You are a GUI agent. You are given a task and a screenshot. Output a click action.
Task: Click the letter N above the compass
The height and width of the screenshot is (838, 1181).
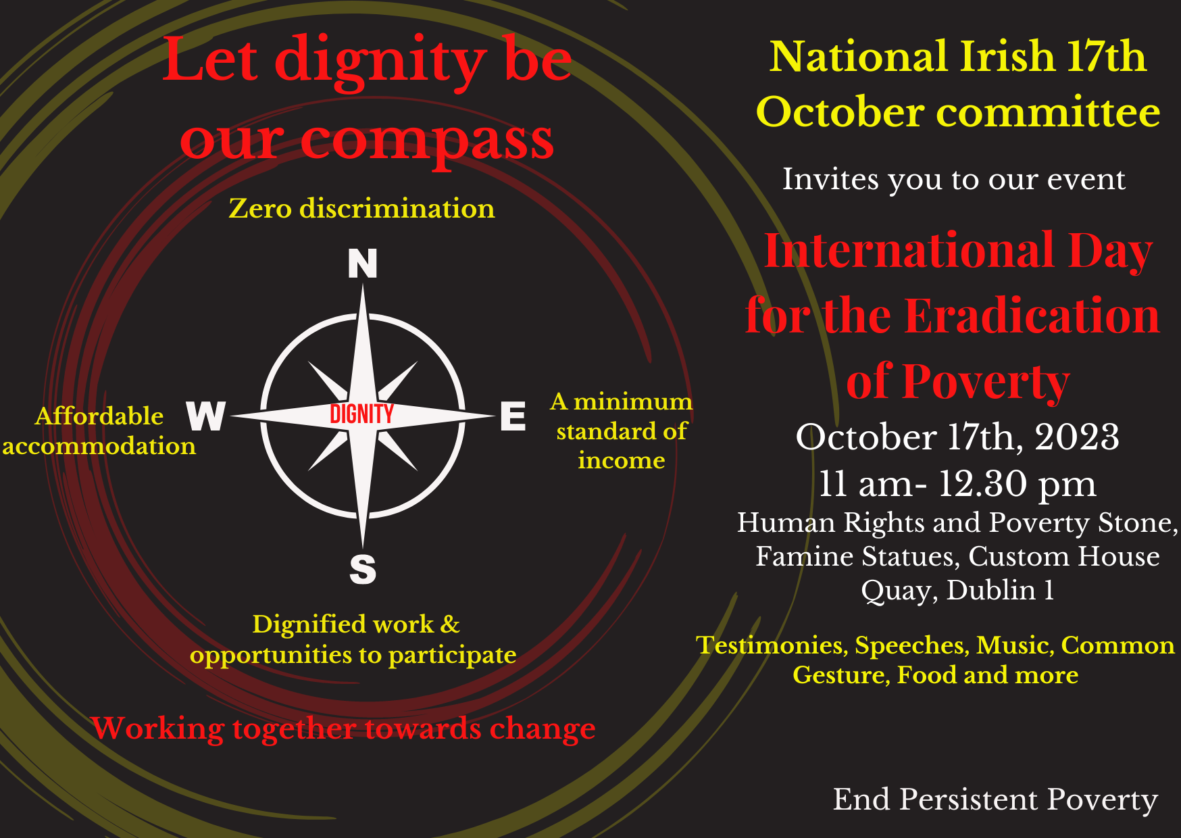pyautogui.click(x=363, y=264)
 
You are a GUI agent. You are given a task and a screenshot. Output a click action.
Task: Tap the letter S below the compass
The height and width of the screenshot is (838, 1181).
pyautogui.click(x=363, y=569)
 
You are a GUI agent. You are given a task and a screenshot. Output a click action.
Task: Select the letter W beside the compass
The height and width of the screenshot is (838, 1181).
pyautogui.click(x=206, y=416)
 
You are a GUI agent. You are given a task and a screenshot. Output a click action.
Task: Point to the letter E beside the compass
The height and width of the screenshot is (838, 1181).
pyautogui.click(x=513, y=416)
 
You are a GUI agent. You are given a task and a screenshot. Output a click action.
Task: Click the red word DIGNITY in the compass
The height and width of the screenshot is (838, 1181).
pyautogui.click(x=361, y=414)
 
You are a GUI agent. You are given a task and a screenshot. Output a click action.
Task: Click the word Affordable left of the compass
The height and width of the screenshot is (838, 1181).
pyautogui.click(x=99, y=416)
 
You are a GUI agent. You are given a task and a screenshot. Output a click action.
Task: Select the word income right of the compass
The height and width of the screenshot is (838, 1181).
pyautogui.click(x=622, y=460)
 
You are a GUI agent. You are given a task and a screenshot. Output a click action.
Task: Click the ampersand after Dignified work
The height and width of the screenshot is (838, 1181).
pyautogui.click(x=450, y=624)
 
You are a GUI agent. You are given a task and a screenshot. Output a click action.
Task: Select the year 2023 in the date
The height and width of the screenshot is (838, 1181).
pyautogui.click(x=1077, y=437)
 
